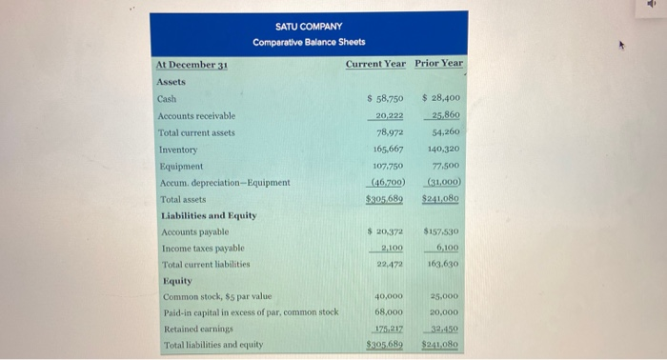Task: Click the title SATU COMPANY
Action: tap(309, 26)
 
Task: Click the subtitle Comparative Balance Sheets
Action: tap(309, 42)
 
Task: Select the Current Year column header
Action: tap(375, 64)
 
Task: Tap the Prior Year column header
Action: tap(439, 64)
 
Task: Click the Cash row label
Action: tap(167, 98)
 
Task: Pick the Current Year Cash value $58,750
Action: tap(386, 98)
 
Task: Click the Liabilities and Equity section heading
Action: tap(207, 215)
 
